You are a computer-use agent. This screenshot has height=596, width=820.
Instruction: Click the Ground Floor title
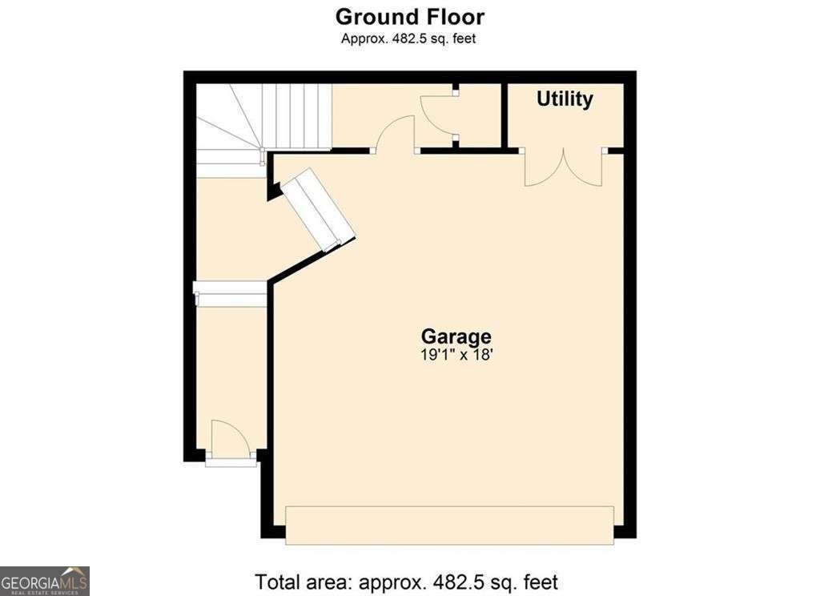click(409, 17)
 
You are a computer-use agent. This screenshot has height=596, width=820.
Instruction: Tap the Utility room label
click(565, 99)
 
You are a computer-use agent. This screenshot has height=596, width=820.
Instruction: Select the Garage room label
click(456, 336)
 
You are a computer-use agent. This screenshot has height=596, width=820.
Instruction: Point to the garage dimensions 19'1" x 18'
click(456, 355)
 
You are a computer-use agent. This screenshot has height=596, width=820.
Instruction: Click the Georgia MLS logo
click(45, 581)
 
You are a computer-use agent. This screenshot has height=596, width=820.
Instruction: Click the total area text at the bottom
click(406, 582)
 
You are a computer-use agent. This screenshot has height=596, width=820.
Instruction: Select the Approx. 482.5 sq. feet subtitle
click(408, 38)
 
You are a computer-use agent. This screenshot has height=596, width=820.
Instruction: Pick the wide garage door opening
click(450, 525)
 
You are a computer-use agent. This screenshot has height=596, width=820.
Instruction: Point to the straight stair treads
click(296, 117)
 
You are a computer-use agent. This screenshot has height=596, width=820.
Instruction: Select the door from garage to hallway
click(395, 135)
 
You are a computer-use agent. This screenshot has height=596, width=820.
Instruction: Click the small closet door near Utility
click(438, 115)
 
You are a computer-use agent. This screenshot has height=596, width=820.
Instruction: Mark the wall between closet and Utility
click(504, 115)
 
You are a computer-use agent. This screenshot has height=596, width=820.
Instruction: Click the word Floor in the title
click(456, 17)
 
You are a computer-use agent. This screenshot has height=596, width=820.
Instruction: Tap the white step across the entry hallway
click(230, 293)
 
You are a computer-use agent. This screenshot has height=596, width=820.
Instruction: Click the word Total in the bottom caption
click(278, 582)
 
